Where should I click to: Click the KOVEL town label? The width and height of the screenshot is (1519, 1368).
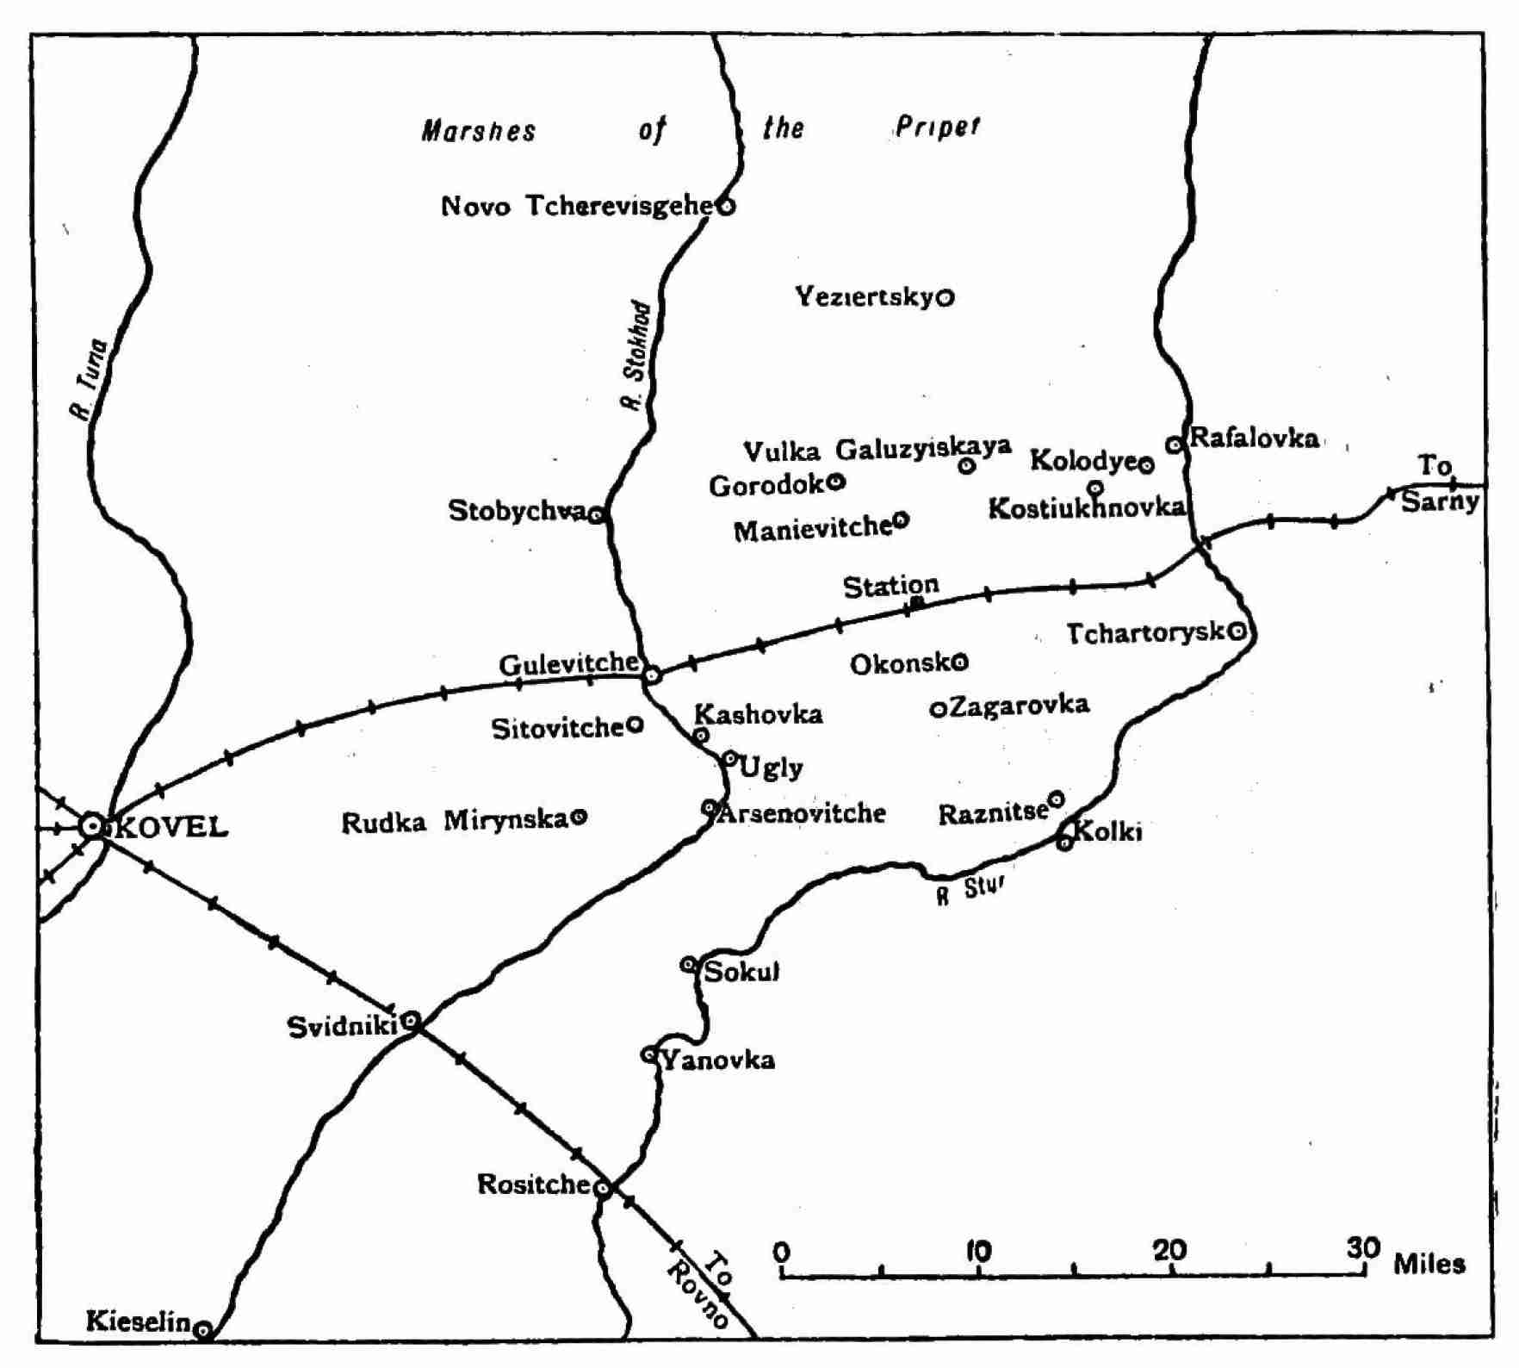click(x=170, y=828)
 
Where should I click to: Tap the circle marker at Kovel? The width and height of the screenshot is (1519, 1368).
click(x=91, y=826)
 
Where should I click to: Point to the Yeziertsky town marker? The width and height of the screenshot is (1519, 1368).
click(x=945, y=298)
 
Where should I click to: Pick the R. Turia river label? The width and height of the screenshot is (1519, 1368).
click(x=89, y=380)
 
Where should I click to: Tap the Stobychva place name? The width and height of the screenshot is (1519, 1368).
click(x=517, y=511)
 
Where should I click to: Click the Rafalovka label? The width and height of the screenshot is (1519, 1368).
click(x=1254, y=438)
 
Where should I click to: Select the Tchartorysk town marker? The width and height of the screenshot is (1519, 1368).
click(x=1237, y=631)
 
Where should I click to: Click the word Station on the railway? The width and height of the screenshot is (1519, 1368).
click(x=890, y=587)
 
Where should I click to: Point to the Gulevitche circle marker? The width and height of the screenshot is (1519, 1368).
click(x=652, y=675)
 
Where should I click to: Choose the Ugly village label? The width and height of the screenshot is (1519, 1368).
click(x=772, y=768)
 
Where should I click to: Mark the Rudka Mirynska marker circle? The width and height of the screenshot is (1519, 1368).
click(x=580, y=817)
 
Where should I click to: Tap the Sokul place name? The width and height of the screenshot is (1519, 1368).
click(x=741, y=973)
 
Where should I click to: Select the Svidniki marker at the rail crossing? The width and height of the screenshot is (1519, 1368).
click(x=412, y=1023)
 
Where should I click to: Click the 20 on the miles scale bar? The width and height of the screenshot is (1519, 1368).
click(x=1169, y=1250)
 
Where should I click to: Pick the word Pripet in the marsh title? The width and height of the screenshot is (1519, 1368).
click(x=937, y=127)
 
